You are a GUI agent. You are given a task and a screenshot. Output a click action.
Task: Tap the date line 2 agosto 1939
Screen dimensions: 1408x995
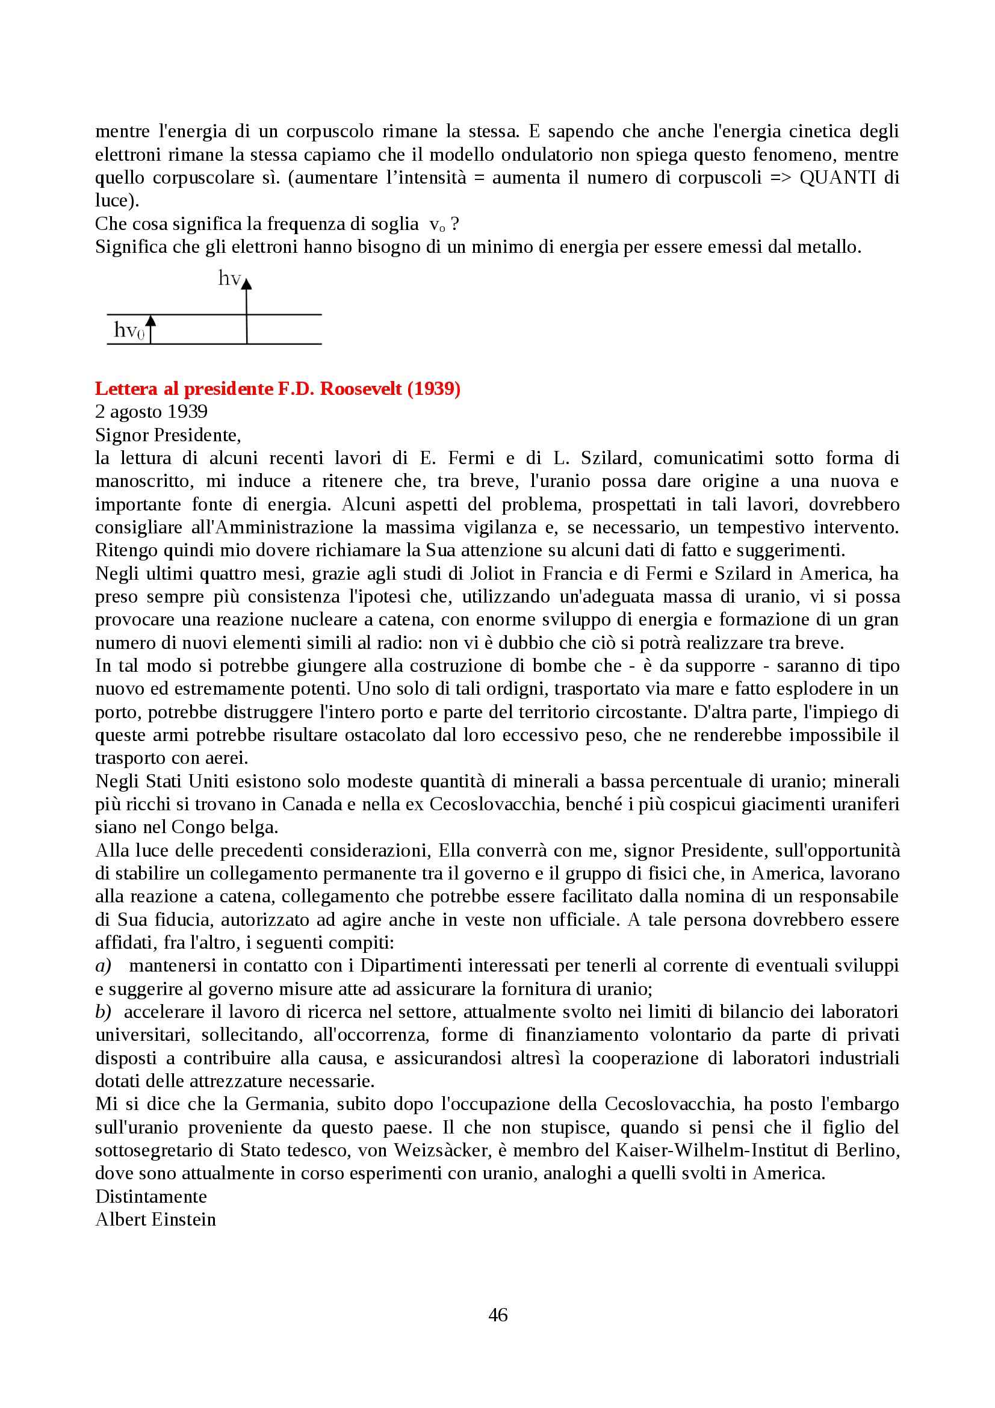pos(152,412)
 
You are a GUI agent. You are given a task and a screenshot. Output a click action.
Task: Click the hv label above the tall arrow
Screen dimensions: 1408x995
pos(229,279)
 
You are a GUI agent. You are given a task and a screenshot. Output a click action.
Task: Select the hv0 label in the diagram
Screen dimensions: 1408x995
pos(129,330)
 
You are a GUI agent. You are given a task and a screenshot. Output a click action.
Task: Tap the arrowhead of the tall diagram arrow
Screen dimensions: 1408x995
pos(246,284)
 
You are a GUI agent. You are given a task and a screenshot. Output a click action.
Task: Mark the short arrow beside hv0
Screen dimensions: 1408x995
pos(151,329)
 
